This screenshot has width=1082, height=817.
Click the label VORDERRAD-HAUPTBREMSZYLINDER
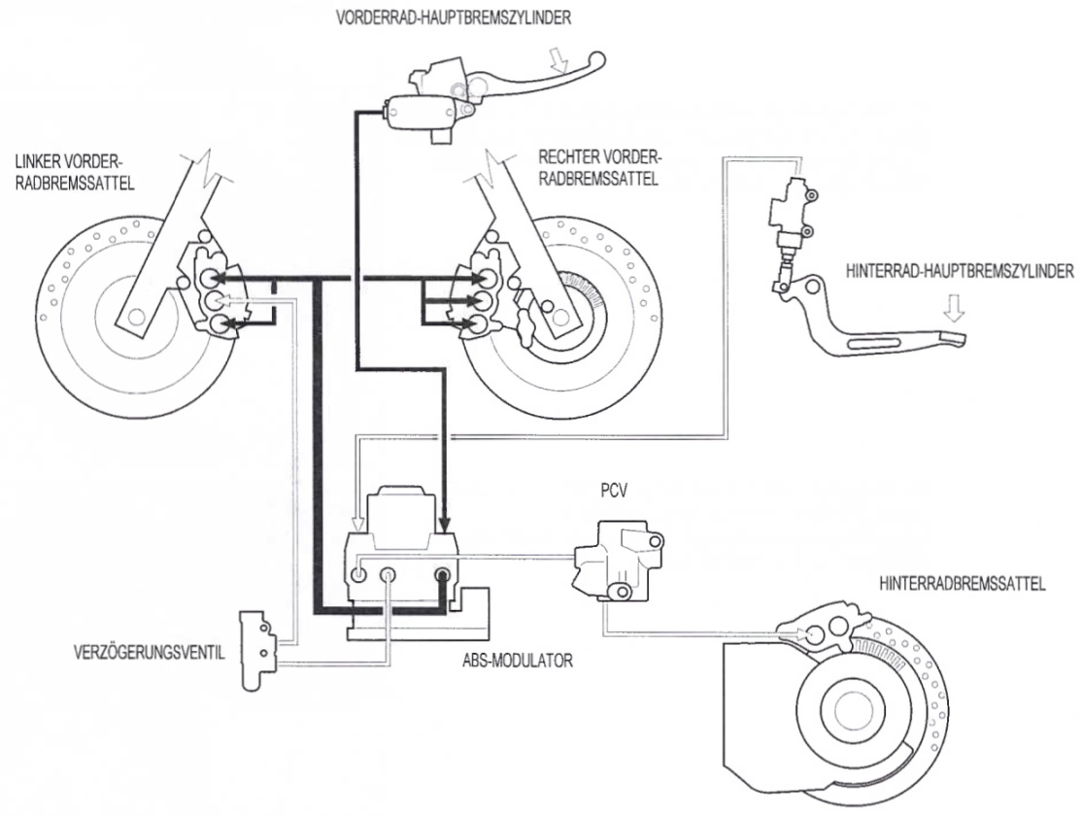pos(454,17)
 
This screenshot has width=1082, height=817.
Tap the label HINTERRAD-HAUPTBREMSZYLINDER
pos(960,270)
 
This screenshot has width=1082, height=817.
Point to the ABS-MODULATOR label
pos(518,661)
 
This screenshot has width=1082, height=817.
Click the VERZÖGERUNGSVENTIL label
pos(150,652)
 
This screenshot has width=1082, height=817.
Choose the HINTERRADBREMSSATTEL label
pos(963,584)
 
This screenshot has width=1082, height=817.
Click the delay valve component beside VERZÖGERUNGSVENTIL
pos(257,649)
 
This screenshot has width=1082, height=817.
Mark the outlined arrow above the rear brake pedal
pos(955,308)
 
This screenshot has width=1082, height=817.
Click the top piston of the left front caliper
pos(209,277)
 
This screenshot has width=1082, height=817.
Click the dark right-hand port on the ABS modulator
pos(442,574)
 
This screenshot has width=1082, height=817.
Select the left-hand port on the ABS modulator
pos(358,574)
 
